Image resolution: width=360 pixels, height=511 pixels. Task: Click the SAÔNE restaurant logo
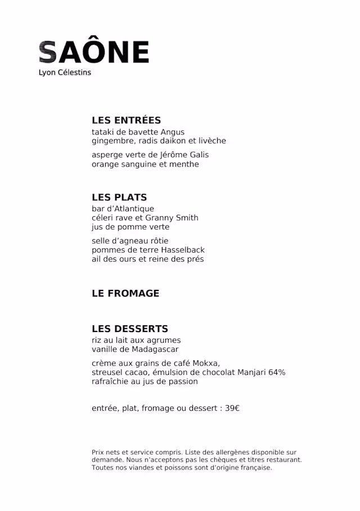[93, 52]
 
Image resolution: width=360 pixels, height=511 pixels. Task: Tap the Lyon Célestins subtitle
[65, 73]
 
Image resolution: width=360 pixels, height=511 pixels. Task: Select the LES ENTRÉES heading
[126, 120]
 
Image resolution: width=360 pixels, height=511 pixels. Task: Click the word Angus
[173, 132]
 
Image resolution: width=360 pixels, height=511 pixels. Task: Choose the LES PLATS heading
[119, 198]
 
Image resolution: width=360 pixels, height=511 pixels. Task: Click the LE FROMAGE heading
[125, 293]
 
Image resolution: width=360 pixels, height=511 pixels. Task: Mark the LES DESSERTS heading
[130, 329]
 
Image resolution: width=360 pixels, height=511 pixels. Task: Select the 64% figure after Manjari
[277, 373]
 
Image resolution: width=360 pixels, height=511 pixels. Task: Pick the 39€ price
[232, 408]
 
